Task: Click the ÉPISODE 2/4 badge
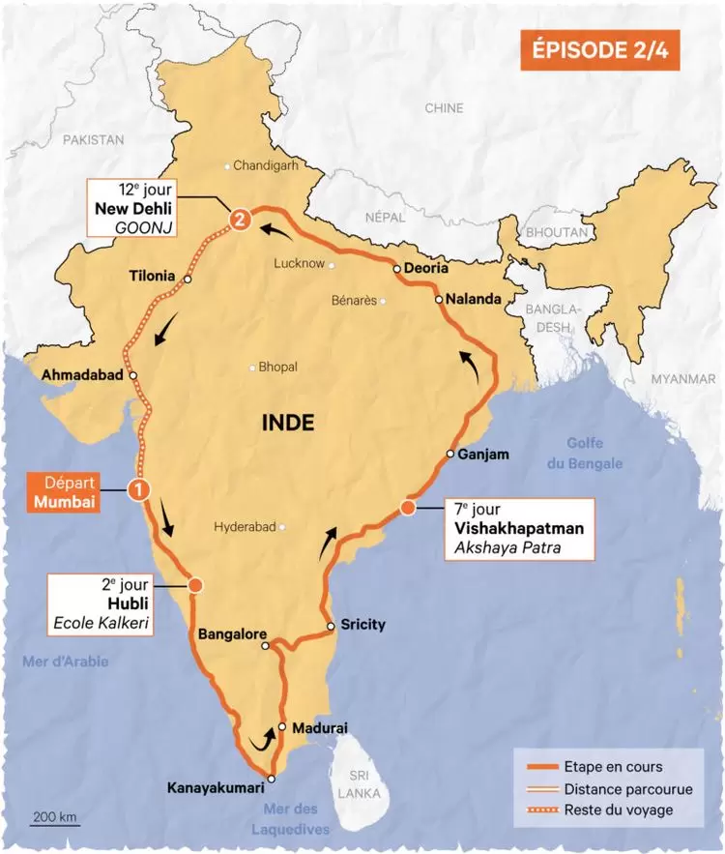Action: pos(598,51)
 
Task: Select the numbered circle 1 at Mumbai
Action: pos(140,490)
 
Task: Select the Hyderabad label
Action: pos(245,527)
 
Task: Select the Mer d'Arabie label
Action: pos(65,662)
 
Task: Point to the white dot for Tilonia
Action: pos(188,280)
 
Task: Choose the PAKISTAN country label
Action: pos(94,140)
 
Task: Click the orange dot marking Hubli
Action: pos(196,585)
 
